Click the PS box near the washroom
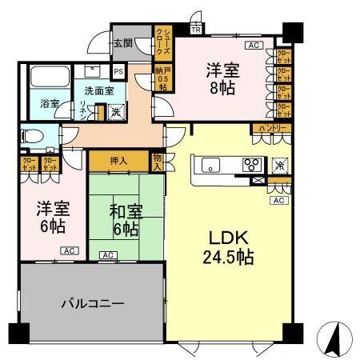(x=118, y=72)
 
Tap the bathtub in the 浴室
(x=49, y=81)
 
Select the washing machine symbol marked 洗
(x=117, y=112)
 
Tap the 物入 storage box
(x=158, y=162)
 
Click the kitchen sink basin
(x=210, y=166)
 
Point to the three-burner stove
(x=251, y=166)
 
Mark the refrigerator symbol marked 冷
(x=280, y=165)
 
